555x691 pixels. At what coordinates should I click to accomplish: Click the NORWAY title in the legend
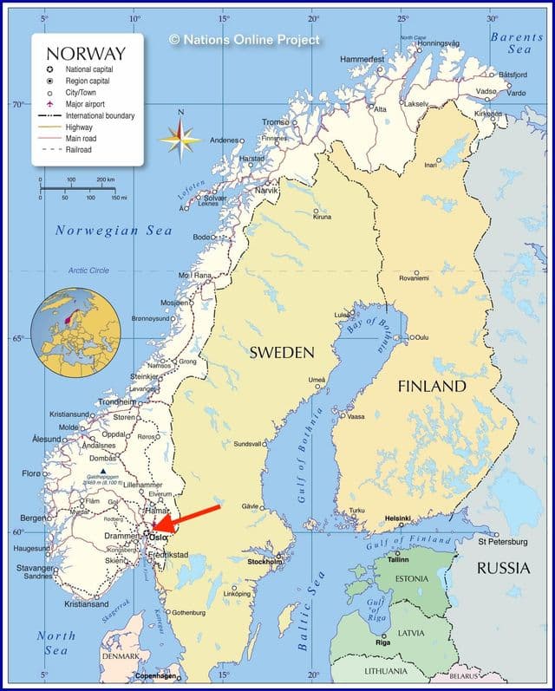click(x=86, y=53)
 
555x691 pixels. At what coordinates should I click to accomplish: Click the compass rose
click(x=180, y=138)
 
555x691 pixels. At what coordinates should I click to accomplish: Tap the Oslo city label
click(x=159, y=537)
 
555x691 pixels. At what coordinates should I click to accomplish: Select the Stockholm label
click(x=265, y=562)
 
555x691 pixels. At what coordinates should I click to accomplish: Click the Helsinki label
click(x=398, y=518)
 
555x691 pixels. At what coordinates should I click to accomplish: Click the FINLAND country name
click(x=432, y=386)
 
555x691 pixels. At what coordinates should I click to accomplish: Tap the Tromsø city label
click(x=276, y=122)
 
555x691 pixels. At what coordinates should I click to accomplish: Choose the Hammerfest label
click(x=362, y=59)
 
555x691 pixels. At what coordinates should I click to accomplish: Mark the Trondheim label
click(x=116, y=401)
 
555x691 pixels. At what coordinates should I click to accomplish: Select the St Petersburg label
click(x=502, y=542)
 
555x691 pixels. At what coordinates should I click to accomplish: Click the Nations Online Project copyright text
click(x=245, y=39)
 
